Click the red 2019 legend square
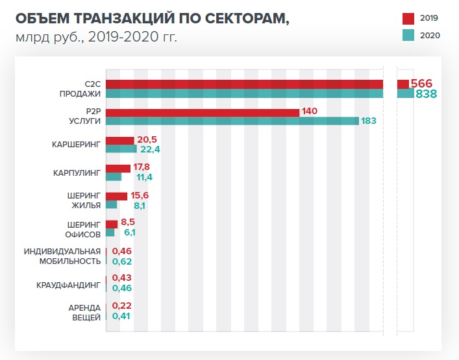click(408, 18)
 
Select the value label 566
click(422, 84)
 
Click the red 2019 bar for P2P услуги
click(202, 112)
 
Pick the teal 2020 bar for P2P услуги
click(232, 121)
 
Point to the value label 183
click(369, 121)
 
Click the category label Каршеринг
click(76, 145)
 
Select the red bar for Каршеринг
click(119, 140)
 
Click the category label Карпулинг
click(77, 173)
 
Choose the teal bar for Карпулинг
click(114, 177)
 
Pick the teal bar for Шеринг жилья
click(111, 205)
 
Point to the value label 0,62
click(123, 261)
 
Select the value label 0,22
click(123, 306)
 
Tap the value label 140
click(310, 112)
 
